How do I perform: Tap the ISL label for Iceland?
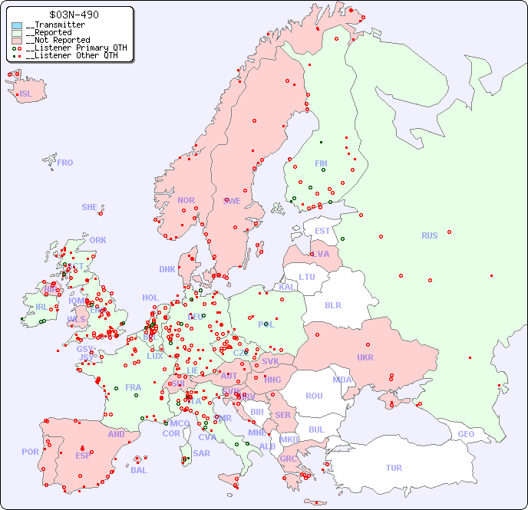(26, 94)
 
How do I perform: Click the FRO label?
(65, 163)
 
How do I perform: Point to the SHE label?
(90, 207)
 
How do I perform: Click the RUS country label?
(429, 235)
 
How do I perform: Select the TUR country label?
(394, 468)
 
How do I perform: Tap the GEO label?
(466, 434)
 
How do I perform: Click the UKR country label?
(365, 357)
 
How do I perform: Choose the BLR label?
(333, 304)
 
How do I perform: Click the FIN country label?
(321, 163)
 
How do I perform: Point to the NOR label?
(186, 200)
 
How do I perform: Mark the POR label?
(30, 452)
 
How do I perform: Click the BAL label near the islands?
(139, 470)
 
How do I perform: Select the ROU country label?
(314, 396)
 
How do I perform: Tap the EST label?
(322, 231)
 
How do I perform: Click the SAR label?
(202, 452)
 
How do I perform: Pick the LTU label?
(307, 277)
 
